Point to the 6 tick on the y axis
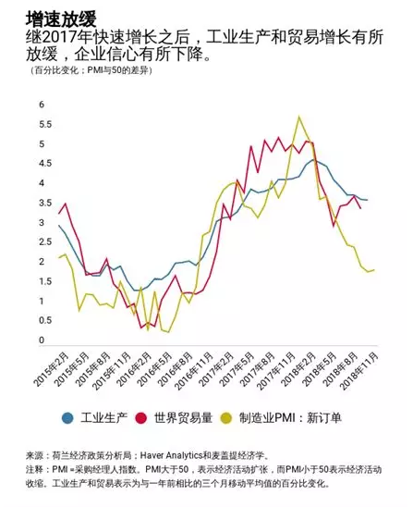tap(42, 105)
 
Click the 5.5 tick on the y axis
tap(42, 124)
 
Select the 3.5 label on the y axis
tap(42, 203)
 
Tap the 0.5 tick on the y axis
tap(42, 320)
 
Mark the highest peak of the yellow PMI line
tap(298, 117)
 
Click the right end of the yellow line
tap(372, 269)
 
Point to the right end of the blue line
tap(368, 200)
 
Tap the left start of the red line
tap(59, 214)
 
